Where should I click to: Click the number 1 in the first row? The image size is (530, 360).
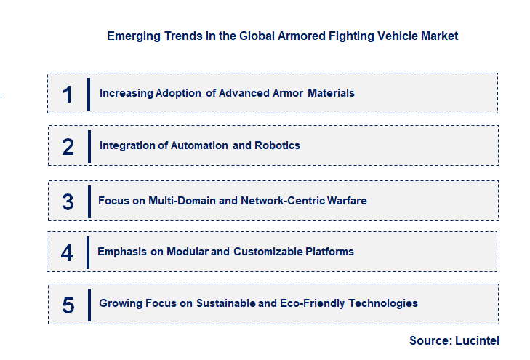point(68,94)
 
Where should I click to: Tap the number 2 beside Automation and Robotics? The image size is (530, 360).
point(68,146)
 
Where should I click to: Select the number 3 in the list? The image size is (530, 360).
point(68,201)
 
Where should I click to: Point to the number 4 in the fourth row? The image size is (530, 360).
point(67,252)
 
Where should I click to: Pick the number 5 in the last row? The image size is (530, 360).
point(68,305)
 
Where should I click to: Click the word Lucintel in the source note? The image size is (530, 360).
point(477,340)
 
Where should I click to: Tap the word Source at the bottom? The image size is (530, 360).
point(430,340)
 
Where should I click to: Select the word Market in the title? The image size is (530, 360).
point(439,36)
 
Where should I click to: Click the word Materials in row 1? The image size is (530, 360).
point(331,93)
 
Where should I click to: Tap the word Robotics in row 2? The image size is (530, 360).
point(277,145)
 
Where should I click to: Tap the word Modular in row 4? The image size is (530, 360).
point(187,252)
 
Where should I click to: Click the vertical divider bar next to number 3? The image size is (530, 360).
point(89,201)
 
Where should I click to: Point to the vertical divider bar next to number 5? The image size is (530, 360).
point(89,304)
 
